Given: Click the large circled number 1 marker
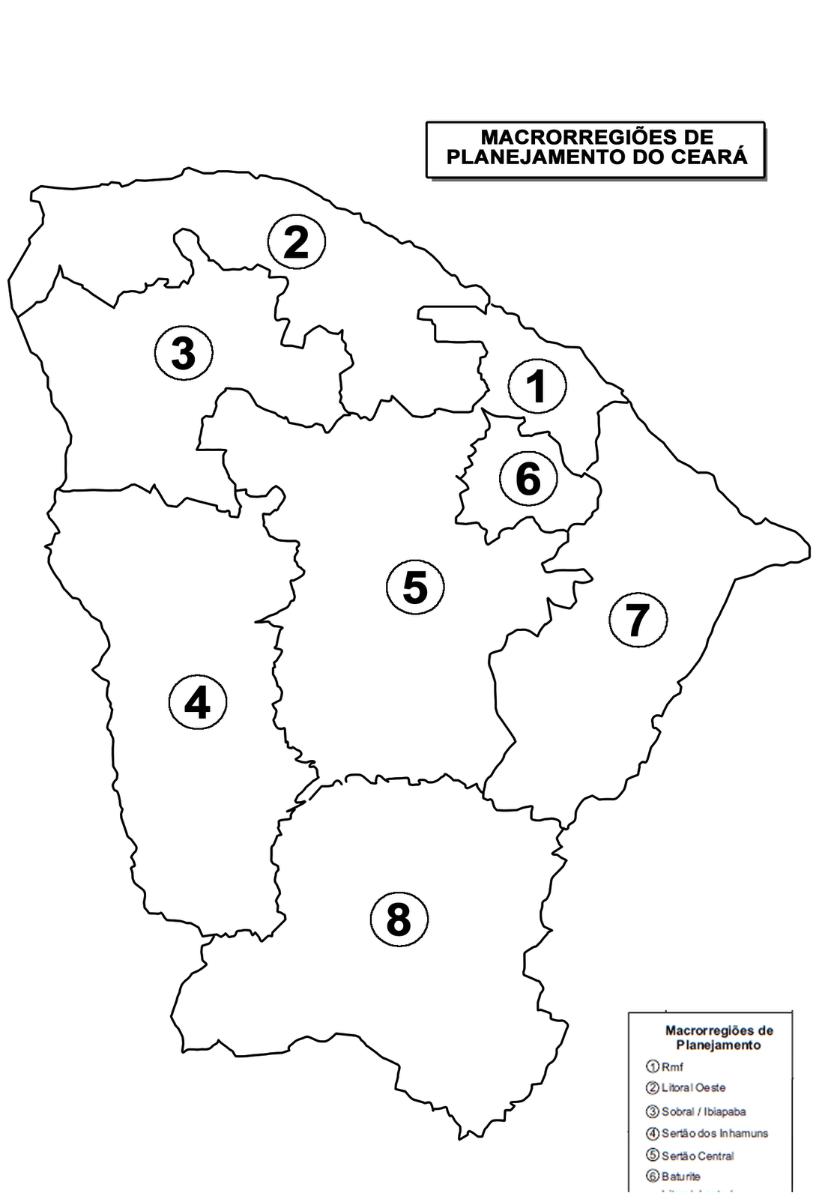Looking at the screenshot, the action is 537,387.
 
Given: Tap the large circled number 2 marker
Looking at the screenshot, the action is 297,243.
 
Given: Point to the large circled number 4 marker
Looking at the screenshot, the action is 198,703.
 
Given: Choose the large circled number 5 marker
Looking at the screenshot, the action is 415,587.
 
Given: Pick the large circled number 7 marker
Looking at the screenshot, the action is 638,620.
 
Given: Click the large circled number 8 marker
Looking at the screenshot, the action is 399,919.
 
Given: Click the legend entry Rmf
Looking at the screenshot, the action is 672,1067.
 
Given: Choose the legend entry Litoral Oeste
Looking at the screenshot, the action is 693,1087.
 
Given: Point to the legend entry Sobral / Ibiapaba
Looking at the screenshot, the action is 704,1111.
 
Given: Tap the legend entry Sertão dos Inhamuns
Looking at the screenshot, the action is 715,1134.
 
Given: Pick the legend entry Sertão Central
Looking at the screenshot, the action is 698,1156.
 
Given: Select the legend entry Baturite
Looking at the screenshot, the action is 680,1177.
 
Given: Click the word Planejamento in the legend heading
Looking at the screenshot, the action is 719,1045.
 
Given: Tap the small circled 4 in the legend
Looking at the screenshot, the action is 653,1134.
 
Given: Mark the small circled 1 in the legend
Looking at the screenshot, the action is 653,1067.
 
